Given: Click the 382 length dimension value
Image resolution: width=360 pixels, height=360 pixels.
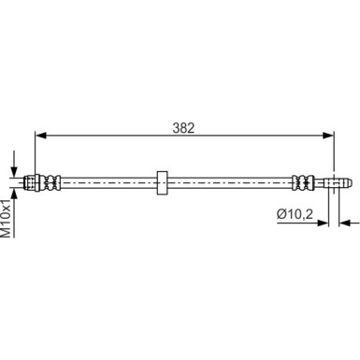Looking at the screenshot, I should point(183,127).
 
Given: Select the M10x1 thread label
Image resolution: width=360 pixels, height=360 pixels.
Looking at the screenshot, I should point(7,216).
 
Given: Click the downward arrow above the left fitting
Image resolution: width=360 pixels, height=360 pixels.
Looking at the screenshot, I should point(15,166).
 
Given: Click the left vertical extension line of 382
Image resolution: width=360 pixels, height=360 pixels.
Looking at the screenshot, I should point(35,154).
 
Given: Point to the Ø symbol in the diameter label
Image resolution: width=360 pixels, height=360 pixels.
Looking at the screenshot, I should point(281,214).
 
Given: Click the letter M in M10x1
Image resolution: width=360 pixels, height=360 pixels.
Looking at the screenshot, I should point(7,229).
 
